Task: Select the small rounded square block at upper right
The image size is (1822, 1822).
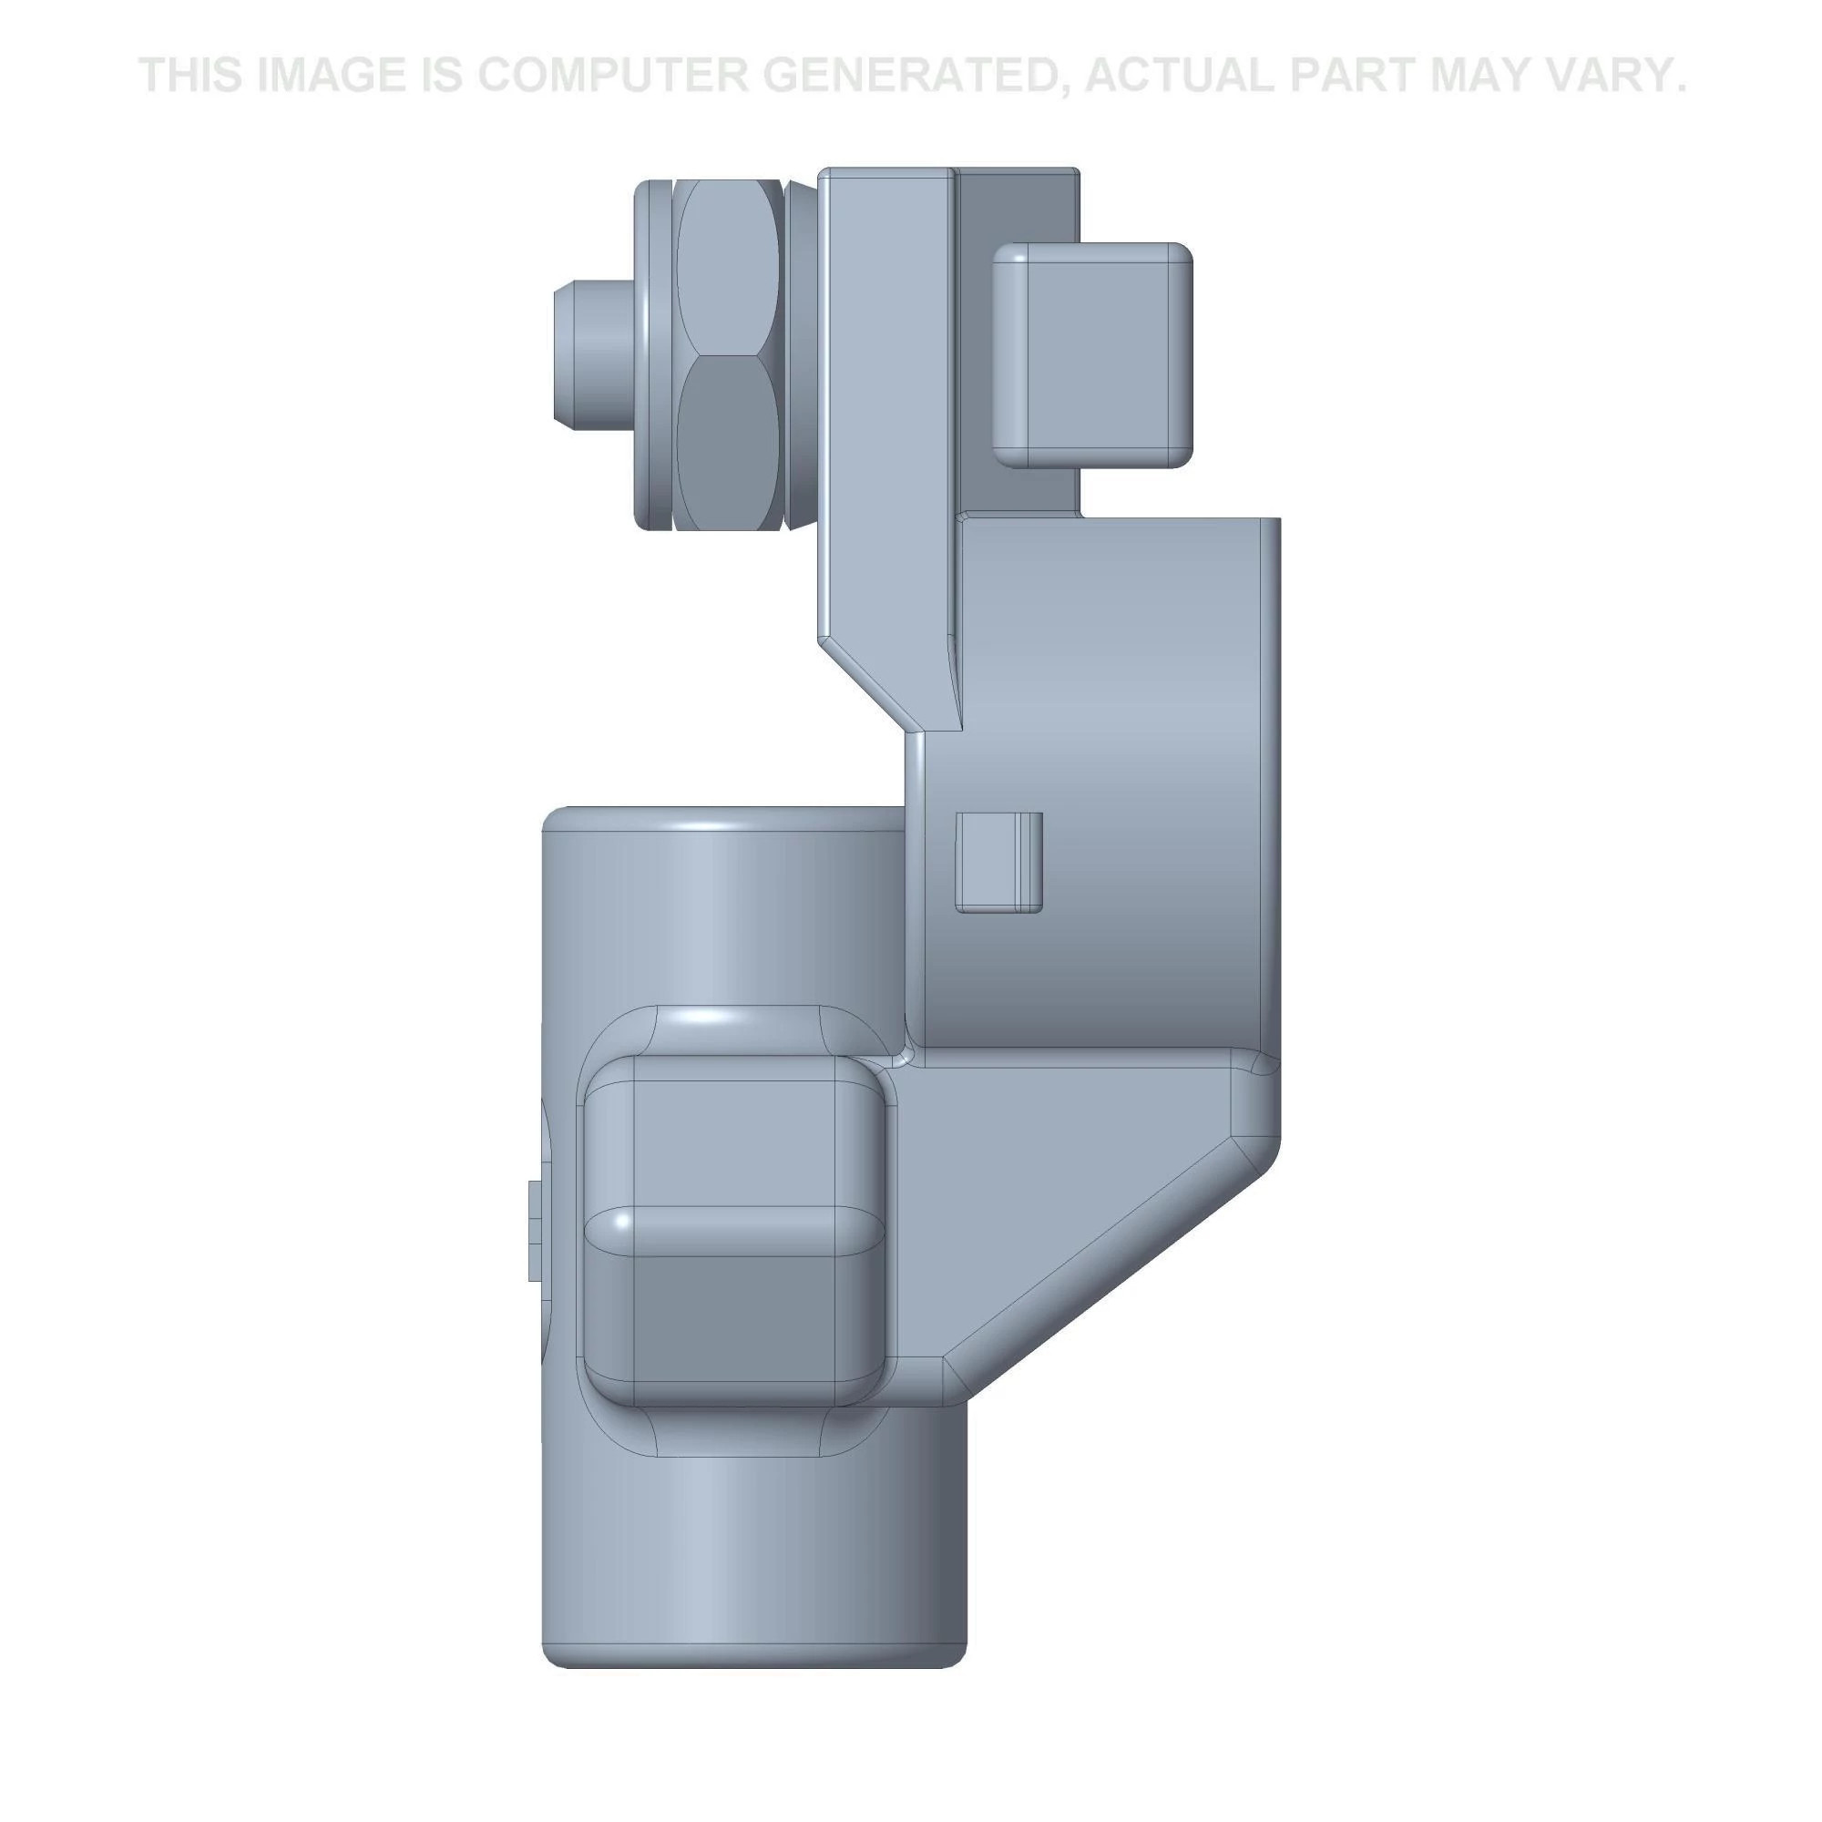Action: point(1094,354)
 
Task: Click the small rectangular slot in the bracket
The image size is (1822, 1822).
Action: point(999,862)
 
